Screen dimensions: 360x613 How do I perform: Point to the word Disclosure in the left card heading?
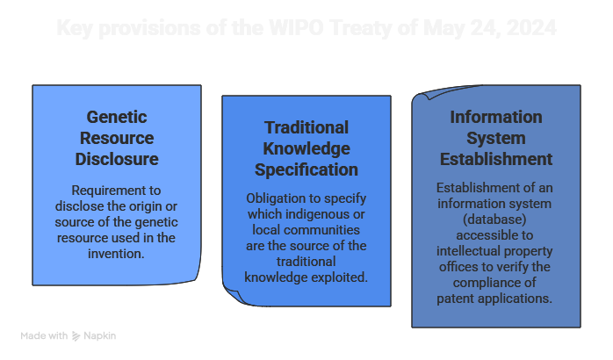point(117,159)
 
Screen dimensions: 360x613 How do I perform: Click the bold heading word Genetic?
point(117,117)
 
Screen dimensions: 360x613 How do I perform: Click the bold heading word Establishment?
point(496,159)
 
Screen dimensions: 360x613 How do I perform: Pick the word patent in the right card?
point(458,299)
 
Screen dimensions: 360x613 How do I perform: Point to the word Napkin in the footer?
point(100,336)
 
